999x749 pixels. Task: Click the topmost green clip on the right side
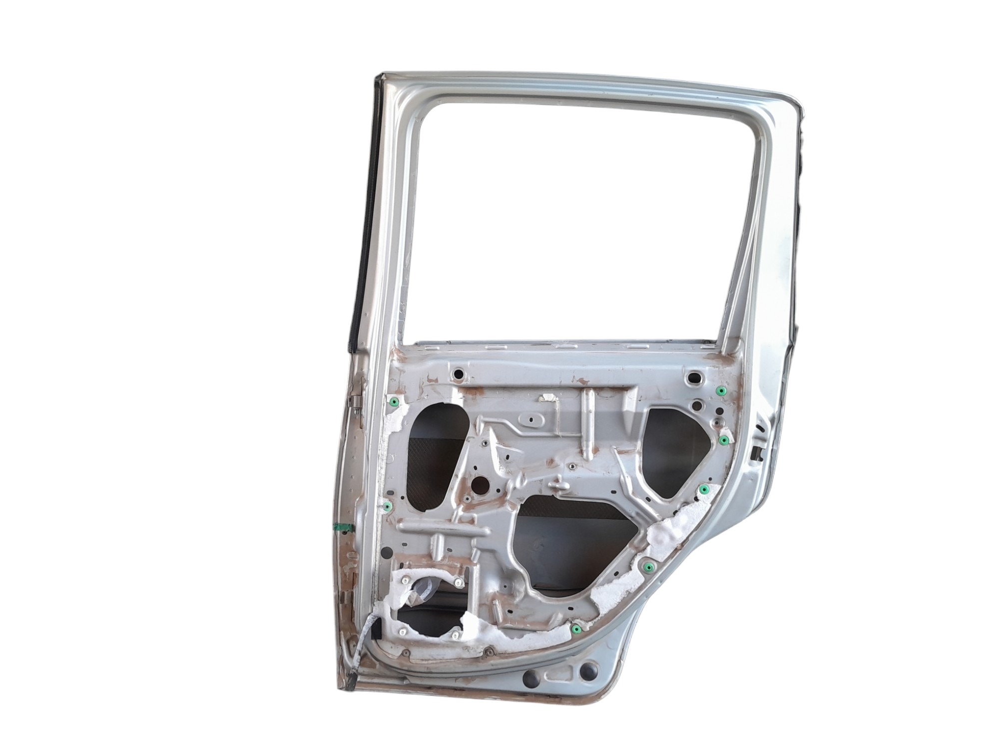721,390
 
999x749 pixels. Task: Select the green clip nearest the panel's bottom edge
577,628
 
